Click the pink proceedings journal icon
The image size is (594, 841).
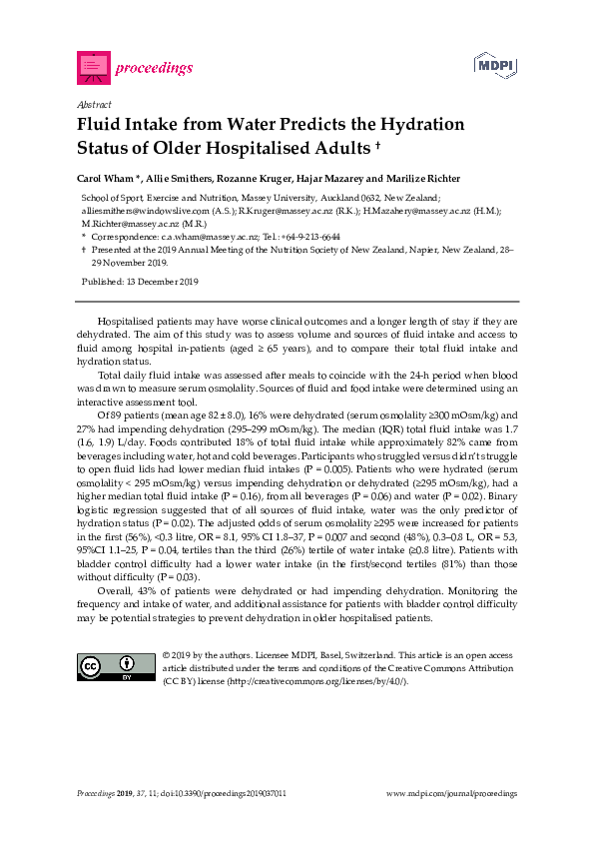(93, 68)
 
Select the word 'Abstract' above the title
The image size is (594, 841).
(93, 104)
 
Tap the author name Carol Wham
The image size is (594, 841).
(105, 179)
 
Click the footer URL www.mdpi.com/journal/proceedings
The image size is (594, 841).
(451, 793)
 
